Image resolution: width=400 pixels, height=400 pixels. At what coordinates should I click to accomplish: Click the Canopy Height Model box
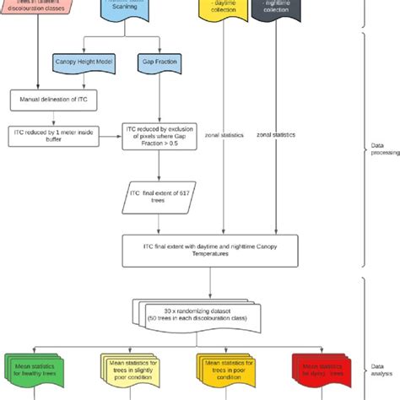tap(84, 62)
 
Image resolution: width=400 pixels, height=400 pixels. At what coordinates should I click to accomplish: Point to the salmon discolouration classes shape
tap(38, 8)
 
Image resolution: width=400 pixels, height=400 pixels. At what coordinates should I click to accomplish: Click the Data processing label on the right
tap(382, 149)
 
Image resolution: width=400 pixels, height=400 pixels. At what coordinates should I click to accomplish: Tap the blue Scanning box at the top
tap(136, 10)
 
